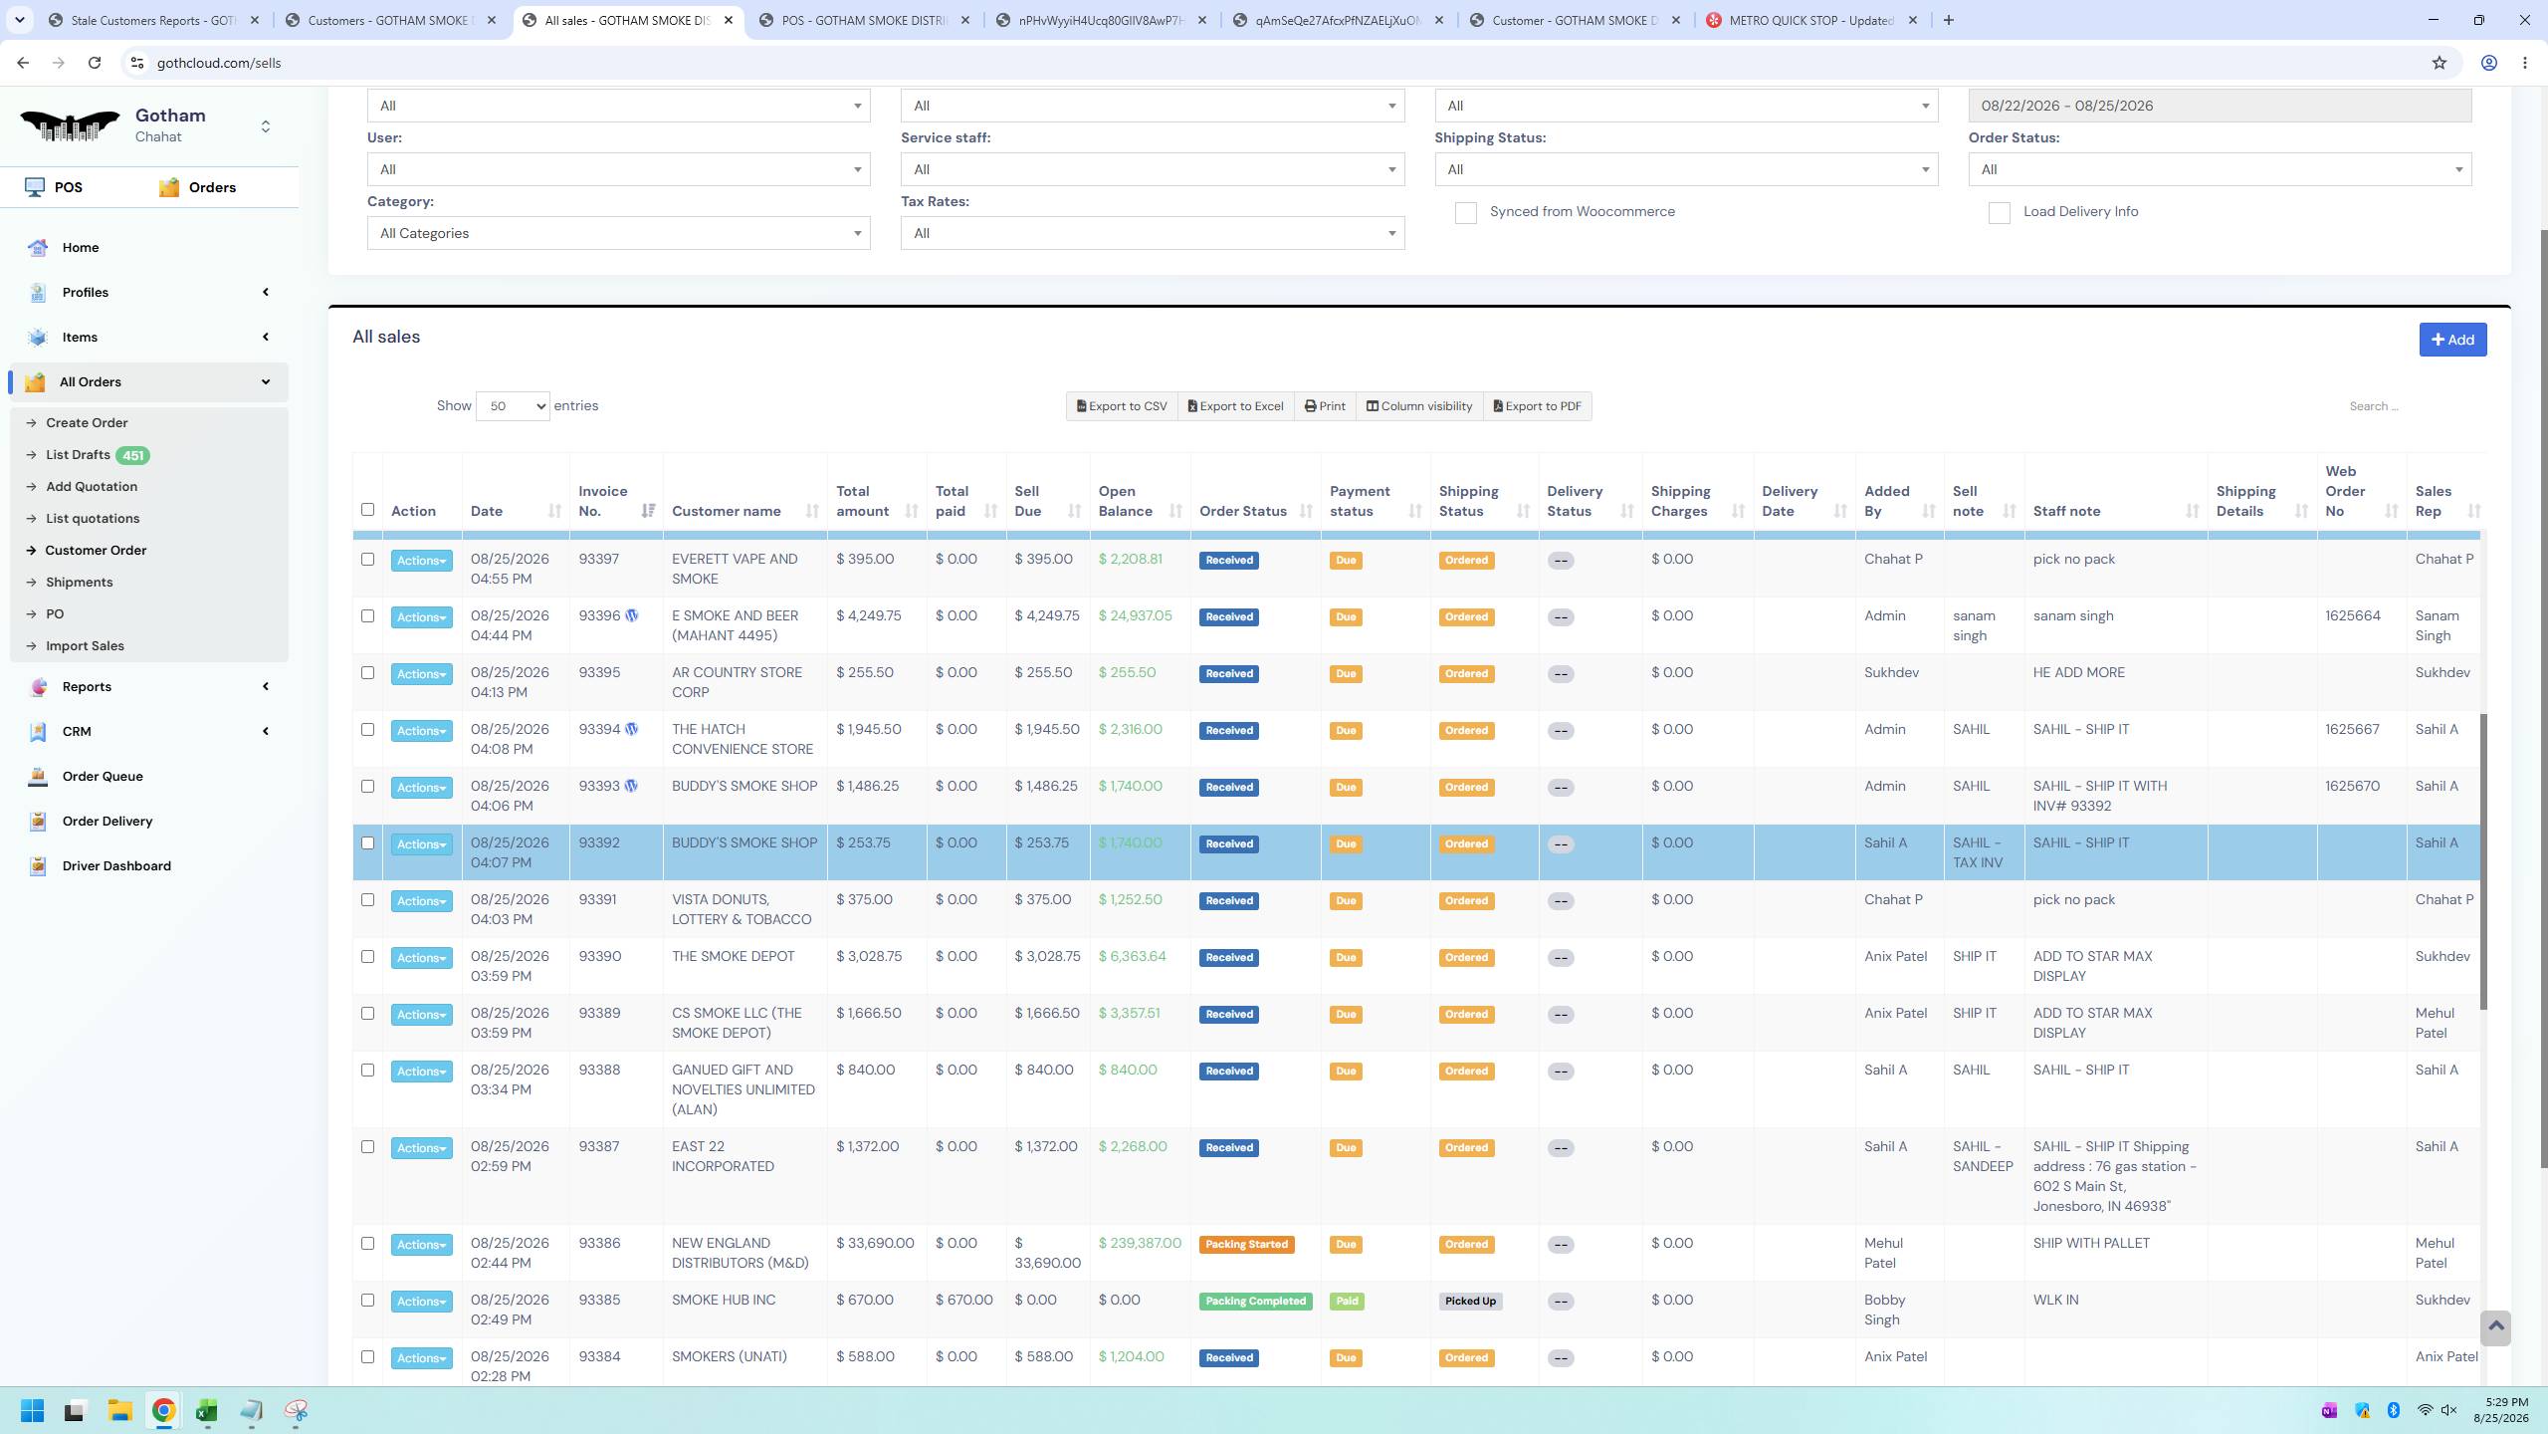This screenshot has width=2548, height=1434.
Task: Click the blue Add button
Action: click(x=2452, y=340)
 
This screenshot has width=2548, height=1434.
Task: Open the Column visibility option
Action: click(x=1419, y=406)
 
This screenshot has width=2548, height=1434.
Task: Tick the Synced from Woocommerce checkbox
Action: click(x=1466, y=213)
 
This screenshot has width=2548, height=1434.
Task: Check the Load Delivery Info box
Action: click(x=2000, y=213)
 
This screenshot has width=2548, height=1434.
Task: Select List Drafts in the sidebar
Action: click(x=78, y=455)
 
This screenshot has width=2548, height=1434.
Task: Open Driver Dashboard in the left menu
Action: click(x=116, y=866)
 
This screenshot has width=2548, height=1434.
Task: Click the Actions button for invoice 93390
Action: click(x=421, y=958)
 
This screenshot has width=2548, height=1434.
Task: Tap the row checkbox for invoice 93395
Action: click(x=367, y=673)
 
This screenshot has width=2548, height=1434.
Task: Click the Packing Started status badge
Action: click(x=1246, y=1245)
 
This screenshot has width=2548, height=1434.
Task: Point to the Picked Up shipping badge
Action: click(x=1470, y=1302)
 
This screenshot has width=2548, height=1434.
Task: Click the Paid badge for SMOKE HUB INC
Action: click(x=1347, y=1302)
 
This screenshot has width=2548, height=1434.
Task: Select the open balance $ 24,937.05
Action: click(x=1135, y=616)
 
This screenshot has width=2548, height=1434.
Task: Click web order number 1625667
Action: click(x=2352, y=730)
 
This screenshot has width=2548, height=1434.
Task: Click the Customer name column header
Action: click(x=727, y=512)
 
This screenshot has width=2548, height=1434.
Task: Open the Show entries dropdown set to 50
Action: click(x=513, y=406)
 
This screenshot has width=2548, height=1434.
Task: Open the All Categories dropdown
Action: click(x=618, y=234)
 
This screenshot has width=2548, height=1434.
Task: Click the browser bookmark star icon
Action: click(x=2439, y=63)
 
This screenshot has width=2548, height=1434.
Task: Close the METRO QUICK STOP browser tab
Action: click(x=1912, y=20)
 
